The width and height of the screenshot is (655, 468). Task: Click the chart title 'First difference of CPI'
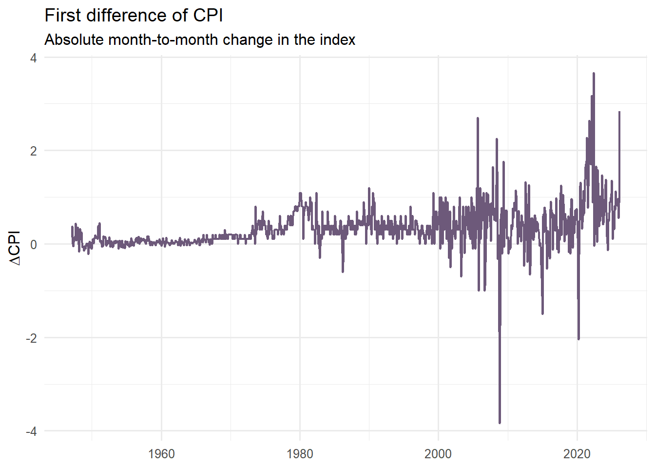tap(134, 16)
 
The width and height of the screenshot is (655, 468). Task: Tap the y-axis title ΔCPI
tap(15, 248)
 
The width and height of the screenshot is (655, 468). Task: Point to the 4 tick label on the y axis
tap(33, 58)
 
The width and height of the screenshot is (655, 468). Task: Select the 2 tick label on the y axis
tap(33, 151)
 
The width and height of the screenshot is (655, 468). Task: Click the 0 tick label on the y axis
tap(33, 245)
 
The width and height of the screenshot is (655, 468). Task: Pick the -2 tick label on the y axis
tap(31, 338)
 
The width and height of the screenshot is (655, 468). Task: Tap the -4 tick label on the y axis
tap(31, 431)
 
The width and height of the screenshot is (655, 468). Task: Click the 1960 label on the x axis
tap(161, 454)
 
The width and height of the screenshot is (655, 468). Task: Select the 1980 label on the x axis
tap(300, 454)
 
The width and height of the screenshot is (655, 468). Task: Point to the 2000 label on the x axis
tap(438, 454)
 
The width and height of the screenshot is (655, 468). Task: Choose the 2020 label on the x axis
tap(577, 454)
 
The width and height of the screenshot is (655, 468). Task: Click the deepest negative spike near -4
tap(500, 422)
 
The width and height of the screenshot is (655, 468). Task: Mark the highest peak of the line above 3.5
tap(594, 74)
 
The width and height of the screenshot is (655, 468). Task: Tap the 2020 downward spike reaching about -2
tap(578, 338)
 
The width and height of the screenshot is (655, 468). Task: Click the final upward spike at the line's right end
tap(619, 113)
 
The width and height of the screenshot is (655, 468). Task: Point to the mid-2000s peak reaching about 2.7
tap(478, 118)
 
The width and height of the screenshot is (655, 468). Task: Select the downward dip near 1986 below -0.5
tap(343, 271)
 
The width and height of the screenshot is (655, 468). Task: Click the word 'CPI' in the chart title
tap(208, 16)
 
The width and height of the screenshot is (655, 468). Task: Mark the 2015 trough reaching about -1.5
tap(542, 313)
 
